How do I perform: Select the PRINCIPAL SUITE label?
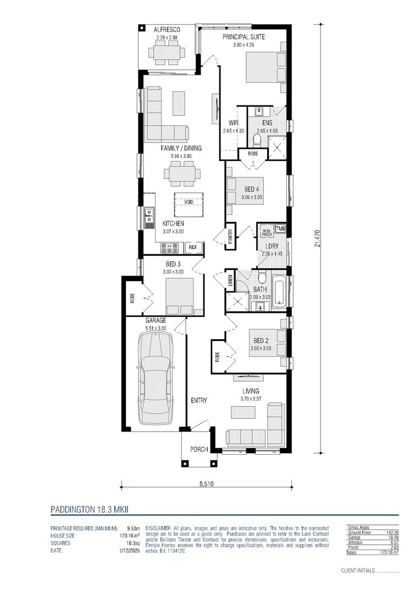click(x=244, y=37)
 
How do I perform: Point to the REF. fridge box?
click(x=194, y=248)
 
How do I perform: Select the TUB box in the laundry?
click(x=281, y=228)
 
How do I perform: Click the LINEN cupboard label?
click(x=230, y=282)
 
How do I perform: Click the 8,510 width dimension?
click(x=206, y=484)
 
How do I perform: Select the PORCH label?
click(x=199, y=449)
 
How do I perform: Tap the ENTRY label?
click(x=199, y=400)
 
